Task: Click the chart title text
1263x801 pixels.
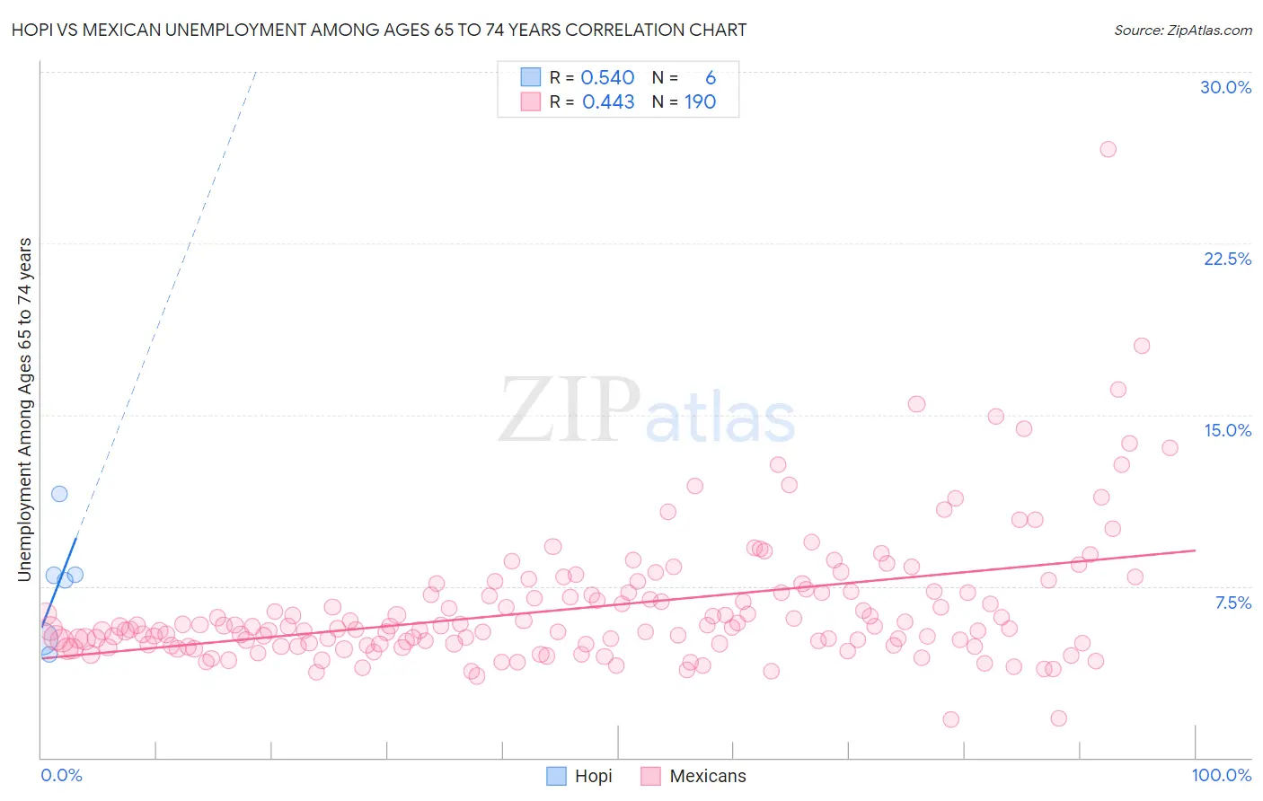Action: (379, 30)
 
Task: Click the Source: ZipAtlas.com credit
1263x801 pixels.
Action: (1182, 30)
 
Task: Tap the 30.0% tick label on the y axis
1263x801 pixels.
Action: (1225, 87)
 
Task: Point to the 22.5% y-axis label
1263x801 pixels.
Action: (1227, 259)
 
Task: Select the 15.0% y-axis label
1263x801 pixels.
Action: (1227, 430)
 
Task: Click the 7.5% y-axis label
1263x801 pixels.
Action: (1232, 603)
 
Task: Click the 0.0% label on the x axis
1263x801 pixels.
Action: (61, 775)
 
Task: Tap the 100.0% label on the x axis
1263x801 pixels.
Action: (1221, 775)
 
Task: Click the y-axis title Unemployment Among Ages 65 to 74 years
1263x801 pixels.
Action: (24, 409)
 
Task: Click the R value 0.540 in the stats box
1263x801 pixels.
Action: (607, 78)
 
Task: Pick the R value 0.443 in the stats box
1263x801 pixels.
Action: (608, 102)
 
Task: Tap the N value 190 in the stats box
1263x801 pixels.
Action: (700, 102)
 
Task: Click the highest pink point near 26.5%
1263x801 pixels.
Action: (1108, 149)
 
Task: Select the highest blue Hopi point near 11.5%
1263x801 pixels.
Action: (59, 493)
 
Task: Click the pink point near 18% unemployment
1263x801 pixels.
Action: (1142, 346)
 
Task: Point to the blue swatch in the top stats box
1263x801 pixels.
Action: (531, 77)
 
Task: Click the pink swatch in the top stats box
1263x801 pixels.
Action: (531, 101)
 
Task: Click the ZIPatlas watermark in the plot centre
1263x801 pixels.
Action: (647, 410)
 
